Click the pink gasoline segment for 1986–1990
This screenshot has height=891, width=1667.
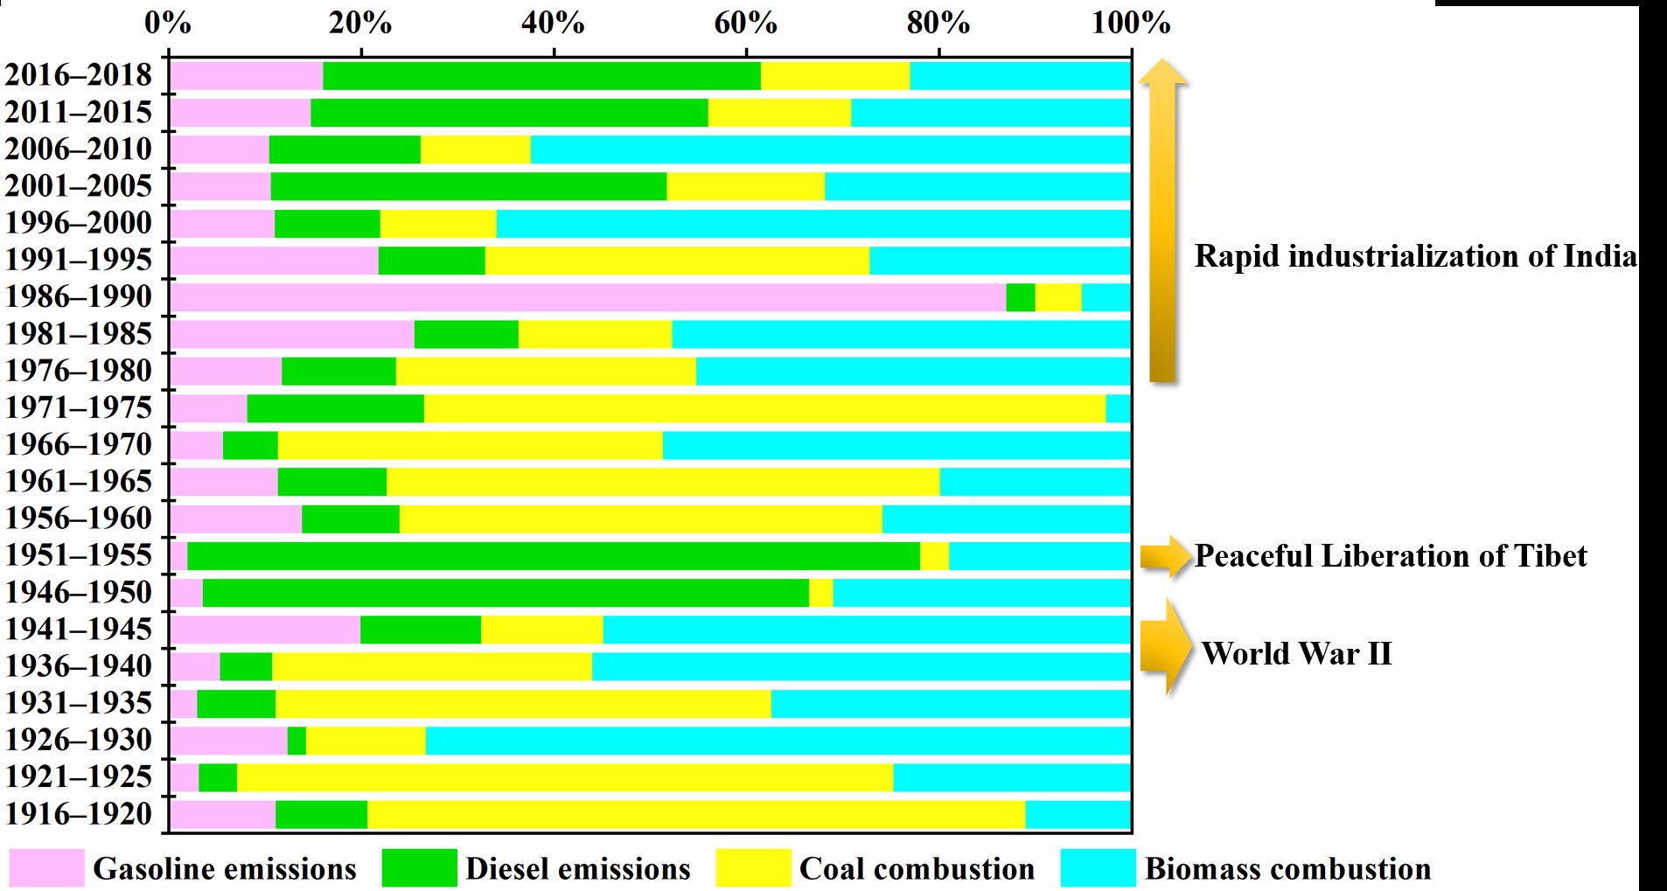pyautogui.click(x=587, y=297)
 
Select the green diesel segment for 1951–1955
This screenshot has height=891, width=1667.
pyautogui.click(x=554, y=556)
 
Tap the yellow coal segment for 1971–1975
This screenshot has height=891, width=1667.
pyautogui.click(x=764, y=408)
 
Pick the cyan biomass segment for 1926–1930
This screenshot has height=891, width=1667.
pyautogui.click(x=778, y=741)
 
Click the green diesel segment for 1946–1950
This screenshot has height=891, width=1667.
pyautogui.click(x=506, y=593)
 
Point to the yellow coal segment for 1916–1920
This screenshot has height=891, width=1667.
pyautogui.click(x=696, y=814)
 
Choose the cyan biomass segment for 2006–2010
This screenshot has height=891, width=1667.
pyautogui.click(x=830, y=150)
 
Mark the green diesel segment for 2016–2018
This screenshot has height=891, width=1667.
pyautogui.click(x=541, y=76)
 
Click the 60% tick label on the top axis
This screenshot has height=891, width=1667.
pyautogui.click(x=745, y=24)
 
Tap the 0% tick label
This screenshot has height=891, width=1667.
pyautogui.click(x=167, y=24)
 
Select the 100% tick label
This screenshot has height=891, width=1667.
pyautogui.click(x=1130, y=24)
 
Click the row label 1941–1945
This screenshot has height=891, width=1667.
pyautogui.click(x=79, y=630)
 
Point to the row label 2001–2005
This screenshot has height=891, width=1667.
pyautogui.click(x=79, y=186)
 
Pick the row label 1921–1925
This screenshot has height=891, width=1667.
pyautogui.click(x=79, y=777)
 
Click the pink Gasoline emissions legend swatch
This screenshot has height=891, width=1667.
pyautogui.click(x=46, y=868)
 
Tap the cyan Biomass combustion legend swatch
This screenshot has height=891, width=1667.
pyautogui.click(x=1098, y=868)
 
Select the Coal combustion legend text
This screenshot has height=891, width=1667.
pyautogui.click(x=917, y=869)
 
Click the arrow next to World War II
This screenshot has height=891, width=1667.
pyautogui.click(x=1165, y=647)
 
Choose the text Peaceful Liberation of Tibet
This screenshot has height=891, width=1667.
pyautogui.click(x=1390, y=556)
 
